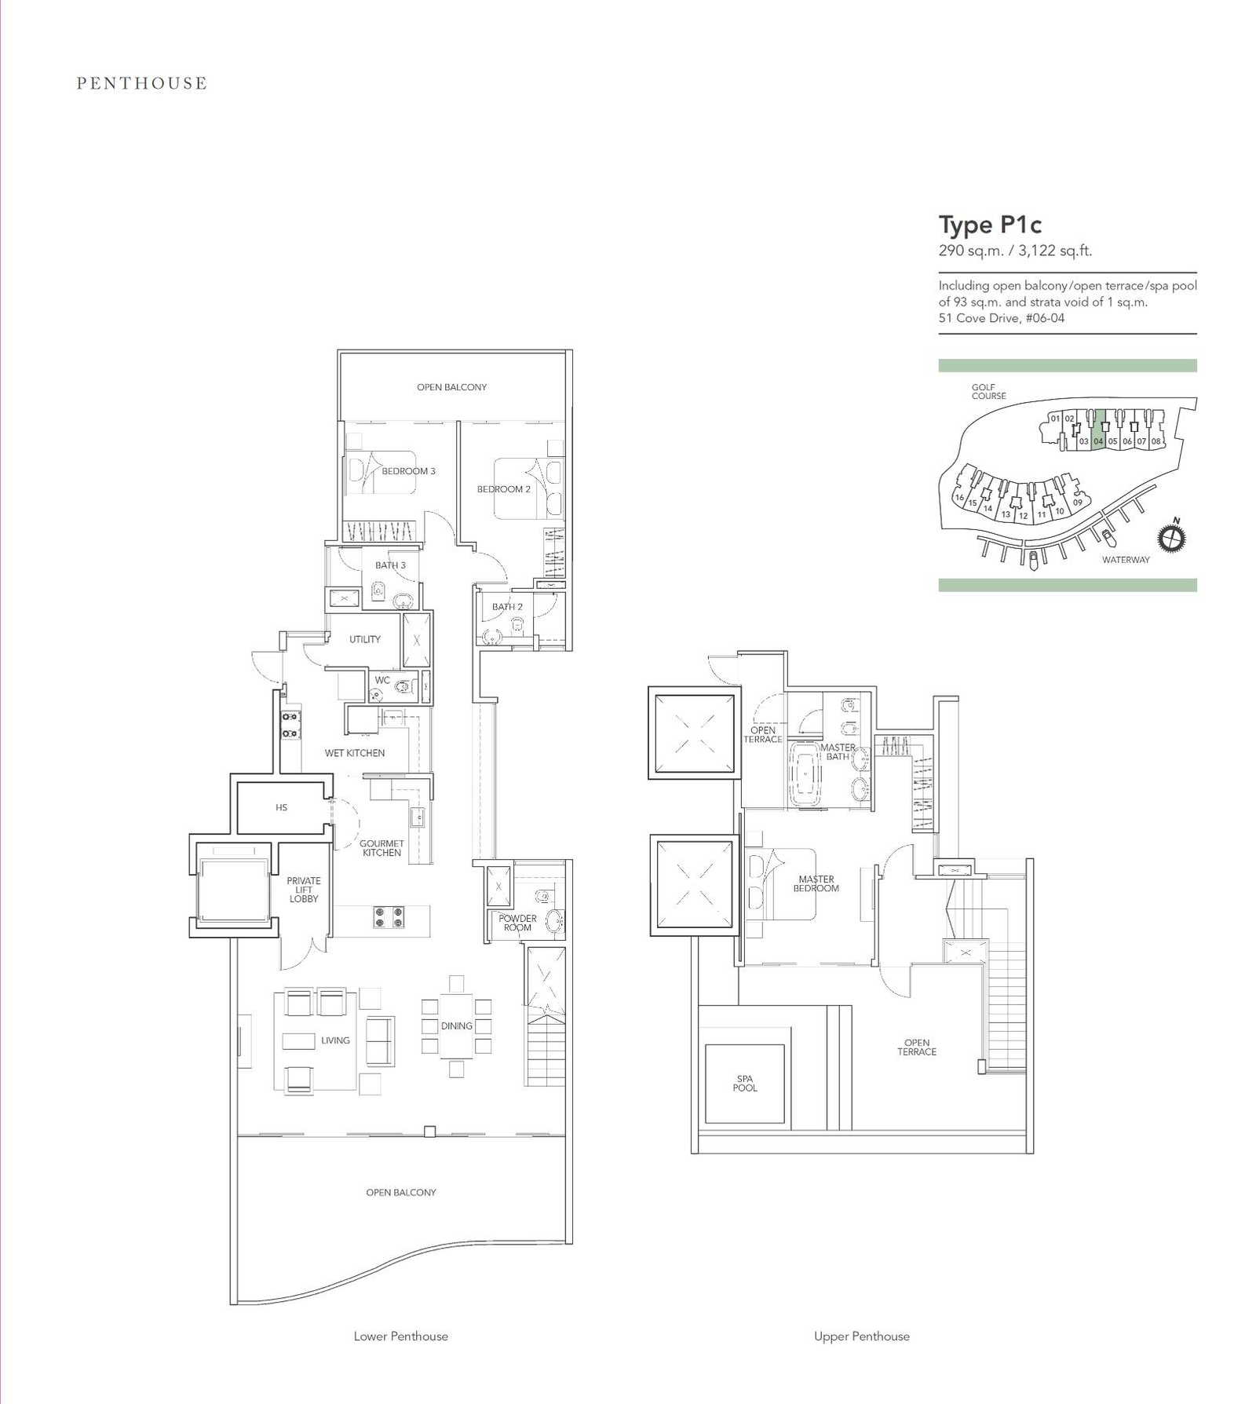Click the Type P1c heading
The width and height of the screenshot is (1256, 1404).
coord(990,225)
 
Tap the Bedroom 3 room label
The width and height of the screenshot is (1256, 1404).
coord(408,471)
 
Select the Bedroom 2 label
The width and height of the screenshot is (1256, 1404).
coord(504,489)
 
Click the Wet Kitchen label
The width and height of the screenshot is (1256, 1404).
coord(355,753)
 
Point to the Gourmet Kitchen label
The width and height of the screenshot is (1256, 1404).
coord(382,848)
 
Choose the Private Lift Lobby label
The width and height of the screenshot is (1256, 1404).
coord(304,890)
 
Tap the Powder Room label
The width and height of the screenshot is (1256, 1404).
coord(517,923)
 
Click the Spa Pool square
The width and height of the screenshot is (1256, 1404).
coord(745,1084)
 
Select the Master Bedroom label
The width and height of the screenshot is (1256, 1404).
coord(816,884)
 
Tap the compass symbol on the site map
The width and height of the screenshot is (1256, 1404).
coord(1171,537)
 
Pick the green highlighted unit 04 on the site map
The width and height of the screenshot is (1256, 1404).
coord(1099,430)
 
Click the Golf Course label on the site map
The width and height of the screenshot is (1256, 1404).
coord(988,392)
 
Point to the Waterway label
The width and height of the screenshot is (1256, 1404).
coord(1126,560)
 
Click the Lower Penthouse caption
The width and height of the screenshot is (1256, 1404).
coord(400,1336)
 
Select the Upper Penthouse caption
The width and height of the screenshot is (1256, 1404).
coord(862,1336)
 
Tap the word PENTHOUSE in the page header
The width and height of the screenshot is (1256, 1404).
coord(142,83)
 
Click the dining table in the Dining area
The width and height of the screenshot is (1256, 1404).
coord(456,1026)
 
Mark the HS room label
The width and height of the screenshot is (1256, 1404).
coord(281,807)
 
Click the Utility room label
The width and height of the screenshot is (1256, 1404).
coord(365,639)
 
